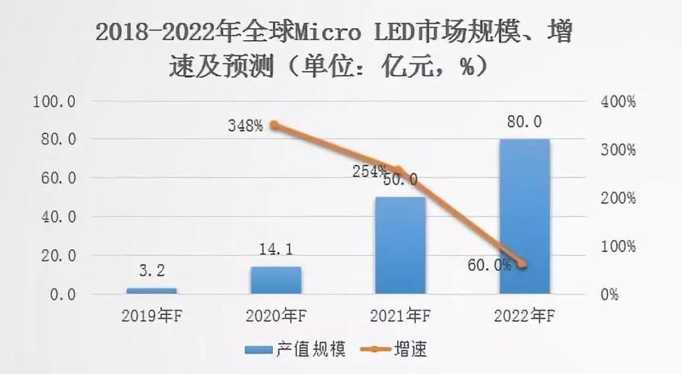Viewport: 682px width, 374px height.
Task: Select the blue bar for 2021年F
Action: (x=399, y=245)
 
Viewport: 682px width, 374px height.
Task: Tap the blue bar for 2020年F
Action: (x=275, y=280)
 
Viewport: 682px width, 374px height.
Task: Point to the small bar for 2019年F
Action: (x=151, y=290)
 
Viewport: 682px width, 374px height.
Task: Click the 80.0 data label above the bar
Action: (x=523, y=122)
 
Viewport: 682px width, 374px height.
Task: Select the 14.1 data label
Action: (x=275, y=251)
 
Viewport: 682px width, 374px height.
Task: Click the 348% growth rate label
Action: (x=246, y=126)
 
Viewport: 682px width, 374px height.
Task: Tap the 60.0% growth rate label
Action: (x=489, y=265)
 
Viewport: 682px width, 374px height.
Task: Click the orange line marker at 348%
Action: (x=275, y=126)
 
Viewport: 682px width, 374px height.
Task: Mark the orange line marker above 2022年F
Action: (x=523, y=265)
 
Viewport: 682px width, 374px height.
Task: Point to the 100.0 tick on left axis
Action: (x=55, y=101)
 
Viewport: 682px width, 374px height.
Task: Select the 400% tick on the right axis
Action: (x=617, y=101)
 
